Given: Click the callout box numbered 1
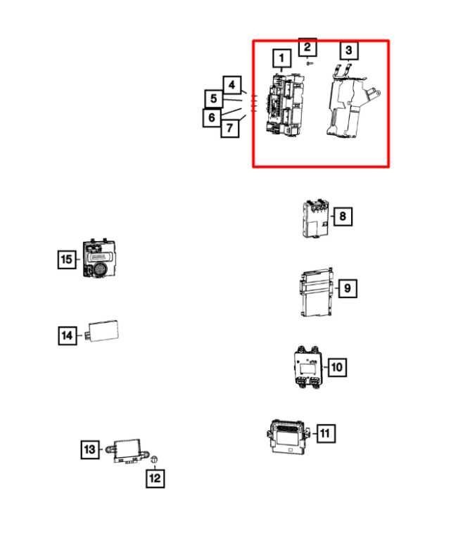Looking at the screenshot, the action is pyautogui.click(x=281, y=58).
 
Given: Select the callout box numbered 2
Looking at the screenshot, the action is pyautogui.click(x=307, y=47).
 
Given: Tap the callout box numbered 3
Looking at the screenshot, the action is pyautogui.click(x=348, y=51).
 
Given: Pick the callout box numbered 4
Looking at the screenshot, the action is pyautogui.click(x=231, y=84).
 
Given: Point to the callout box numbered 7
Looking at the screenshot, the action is pyautogui.click(x=230, y=128).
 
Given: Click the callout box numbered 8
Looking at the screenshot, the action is pyautogui.click(x=343, y=217).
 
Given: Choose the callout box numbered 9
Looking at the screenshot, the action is pyautogui.click(x=347, y=288).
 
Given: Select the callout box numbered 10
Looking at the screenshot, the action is pyautogui.click(x=337, y=367).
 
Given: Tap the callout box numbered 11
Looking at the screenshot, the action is pyautogui.click(x=325, y=433).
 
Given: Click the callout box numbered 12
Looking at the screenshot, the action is pyautogui.click(x=155, y=478).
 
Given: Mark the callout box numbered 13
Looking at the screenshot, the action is pyautogui.click(x=90, y=449).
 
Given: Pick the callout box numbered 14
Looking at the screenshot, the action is pyautogui.click(x=68, y=335).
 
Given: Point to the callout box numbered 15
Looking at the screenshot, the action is pyautogui.click(x=67, y=259).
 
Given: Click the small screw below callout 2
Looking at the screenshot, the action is pyautogui.click(x=310, y=63).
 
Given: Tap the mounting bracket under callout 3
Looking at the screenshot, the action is pyautogui.click(x=352, y=101).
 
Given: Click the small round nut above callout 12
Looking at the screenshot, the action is pyautogui.click(x=154, y=459).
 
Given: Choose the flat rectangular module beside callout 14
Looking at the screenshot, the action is pyautogui.click(x=102, y=331).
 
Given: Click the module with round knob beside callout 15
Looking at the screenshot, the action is pyautogui.click(x=99, y=258).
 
